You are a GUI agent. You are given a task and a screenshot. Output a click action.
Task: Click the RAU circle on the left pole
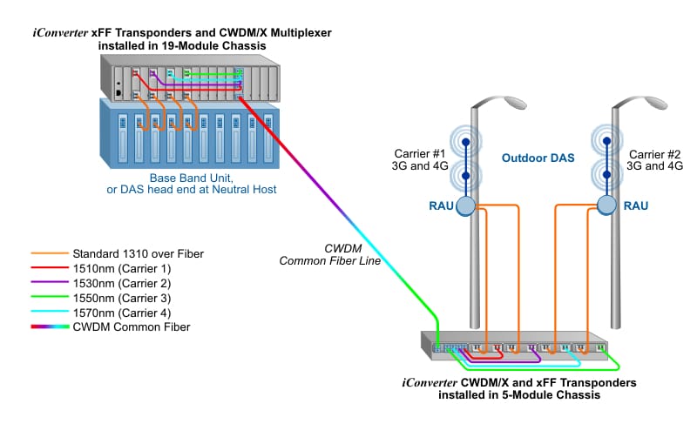[x=466, y=205]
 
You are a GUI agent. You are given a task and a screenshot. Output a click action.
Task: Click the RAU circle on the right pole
[x=608, y=205]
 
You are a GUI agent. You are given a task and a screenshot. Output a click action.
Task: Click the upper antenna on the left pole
[x=466, y=141]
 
